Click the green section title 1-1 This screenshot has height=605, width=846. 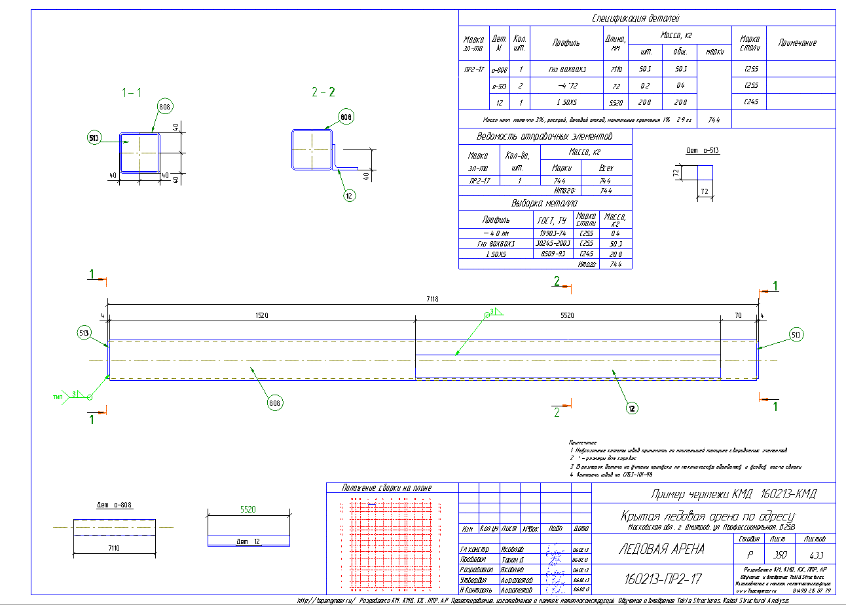coord(132,93)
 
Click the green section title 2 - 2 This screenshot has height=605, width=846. coord(323,93)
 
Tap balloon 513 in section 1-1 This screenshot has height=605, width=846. coord(95,138)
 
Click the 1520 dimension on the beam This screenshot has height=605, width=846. coord(262,315)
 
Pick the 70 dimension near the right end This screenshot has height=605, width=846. coord(738,315)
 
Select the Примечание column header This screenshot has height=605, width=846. coord(797,43)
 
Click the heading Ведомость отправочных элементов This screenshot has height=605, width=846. coord(544,137)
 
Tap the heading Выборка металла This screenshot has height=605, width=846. coord(544,203)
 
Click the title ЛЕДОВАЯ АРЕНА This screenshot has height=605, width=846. coord(661,549)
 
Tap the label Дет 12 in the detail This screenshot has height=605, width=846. coord(248,541)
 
